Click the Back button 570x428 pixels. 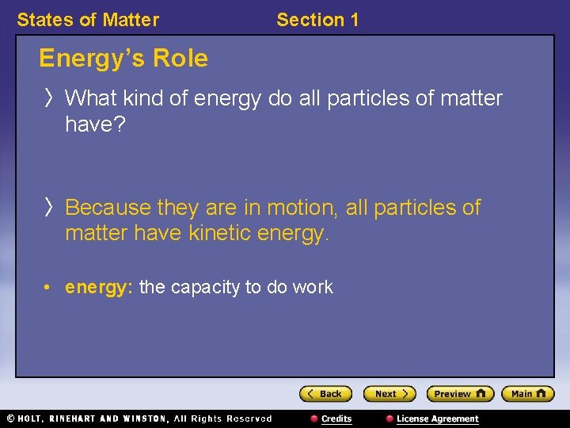click(x=325, y=394)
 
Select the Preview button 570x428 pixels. click(x=460, y=394)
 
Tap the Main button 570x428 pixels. click(x=528, y=394)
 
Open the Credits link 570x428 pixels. click(x=336, y=418)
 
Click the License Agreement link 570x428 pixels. click(x=437, y=418)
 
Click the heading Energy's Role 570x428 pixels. click(x=123, y=59)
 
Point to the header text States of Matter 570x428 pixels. click(x=88, y=20)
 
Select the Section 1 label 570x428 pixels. click(x=317, y=20)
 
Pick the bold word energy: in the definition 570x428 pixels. click(x=99, y=287)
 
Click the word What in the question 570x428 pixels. click(x=92, y=98)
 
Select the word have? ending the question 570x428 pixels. click(x=95, y=124)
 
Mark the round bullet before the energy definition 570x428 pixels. click(x=49, y=288)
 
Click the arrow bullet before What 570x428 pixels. click(x=49, y=98)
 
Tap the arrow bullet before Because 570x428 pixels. click(x=49, y=208)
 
